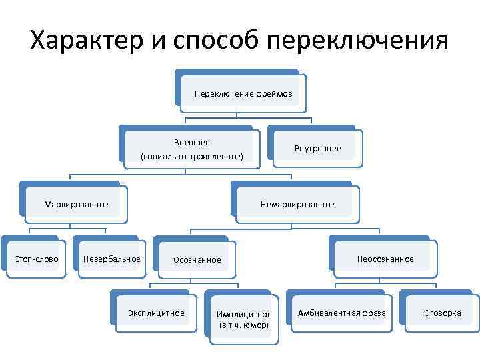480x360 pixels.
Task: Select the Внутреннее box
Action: click(x=317, y=148)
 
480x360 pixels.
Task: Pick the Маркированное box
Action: click(x=75, y=203)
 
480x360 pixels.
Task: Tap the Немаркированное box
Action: click(x=298, y=204)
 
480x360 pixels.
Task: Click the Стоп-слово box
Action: click(x=36, y=259)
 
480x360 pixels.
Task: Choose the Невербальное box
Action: click(x=111, y=259)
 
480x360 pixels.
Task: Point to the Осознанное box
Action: click(x=197, y=259)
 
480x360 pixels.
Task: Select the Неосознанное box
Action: click(x=385, y=259)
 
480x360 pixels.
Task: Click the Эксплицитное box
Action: click(x=155, y=313)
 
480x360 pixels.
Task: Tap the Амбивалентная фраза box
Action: click(x=342, y=313)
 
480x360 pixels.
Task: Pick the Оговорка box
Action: click(x=442, y=313)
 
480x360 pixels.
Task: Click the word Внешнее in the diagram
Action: click(x=191, y=143)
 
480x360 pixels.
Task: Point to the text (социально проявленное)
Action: click(x=191, y=157)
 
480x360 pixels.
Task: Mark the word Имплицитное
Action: click(x=244, y=314)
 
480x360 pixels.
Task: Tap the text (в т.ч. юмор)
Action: click(x=244, y=325)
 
